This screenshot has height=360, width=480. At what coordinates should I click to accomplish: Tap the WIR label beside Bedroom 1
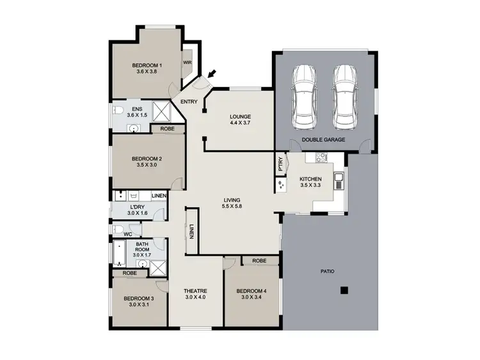pyautogui.click(x=188, y=63)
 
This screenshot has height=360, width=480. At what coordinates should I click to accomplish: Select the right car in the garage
pyautogui.click(x=344, y=97)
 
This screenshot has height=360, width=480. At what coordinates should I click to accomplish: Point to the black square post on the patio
pyautogui.click(x=344, y=290)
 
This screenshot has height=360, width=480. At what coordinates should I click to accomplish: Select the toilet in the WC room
pyautogui.click(x=119, y=229)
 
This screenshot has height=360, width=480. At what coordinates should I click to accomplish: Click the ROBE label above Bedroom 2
pyautogui.click(x=166, y=129)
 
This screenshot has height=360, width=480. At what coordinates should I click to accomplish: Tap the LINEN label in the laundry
pyautogui.click(x=159, y=195)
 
